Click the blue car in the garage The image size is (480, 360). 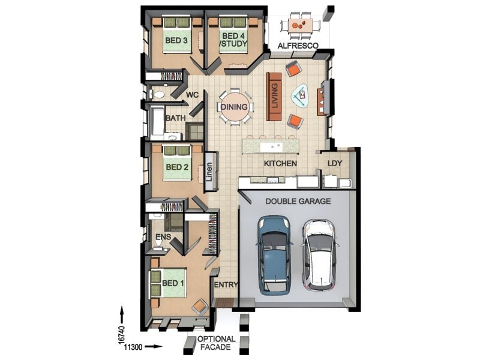coord(274,256)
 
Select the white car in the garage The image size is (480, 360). coord(320,254)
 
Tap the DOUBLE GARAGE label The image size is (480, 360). coord(298,202)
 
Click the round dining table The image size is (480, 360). coord(233,107)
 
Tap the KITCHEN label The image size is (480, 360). coord(281,163)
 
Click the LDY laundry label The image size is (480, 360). coord(335,163)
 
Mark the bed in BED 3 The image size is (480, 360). coord(176,37)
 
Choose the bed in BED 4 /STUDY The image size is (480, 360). coord(233,37)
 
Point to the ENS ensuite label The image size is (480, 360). coord(163,237)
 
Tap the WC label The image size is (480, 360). coord(192,95)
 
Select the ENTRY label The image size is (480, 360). coord(226,286)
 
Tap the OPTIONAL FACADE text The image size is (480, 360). coord(216,343)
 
